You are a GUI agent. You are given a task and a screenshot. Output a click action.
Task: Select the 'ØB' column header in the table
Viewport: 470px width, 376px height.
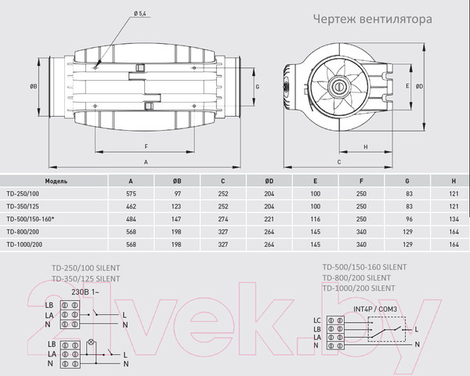[177, 179]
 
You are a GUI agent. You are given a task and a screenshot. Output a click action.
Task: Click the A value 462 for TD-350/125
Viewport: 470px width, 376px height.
[130, 205]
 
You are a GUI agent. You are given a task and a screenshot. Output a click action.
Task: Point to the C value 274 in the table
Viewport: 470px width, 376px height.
[223, 219]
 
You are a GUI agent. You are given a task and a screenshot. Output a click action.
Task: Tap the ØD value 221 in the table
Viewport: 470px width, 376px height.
[269, 219]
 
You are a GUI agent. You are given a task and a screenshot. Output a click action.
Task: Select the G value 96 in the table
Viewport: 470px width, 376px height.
[408, 219]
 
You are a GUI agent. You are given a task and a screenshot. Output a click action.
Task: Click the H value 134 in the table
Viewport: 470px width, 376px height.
[454, 219]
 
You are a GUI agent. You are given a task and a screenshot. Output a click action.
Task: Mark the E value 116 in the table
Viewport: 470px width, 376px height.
[316, 219]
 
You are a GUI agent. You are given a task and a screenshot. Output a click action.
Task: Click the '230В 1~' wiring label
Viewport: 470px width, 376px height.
[85, 291]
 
